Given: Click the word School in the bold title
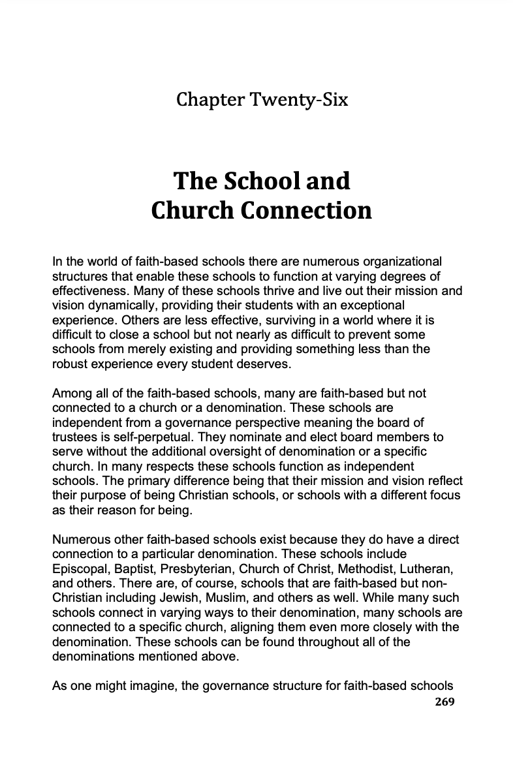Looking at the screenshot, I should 246,181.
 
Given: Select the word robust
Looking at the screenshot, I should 69,363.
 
